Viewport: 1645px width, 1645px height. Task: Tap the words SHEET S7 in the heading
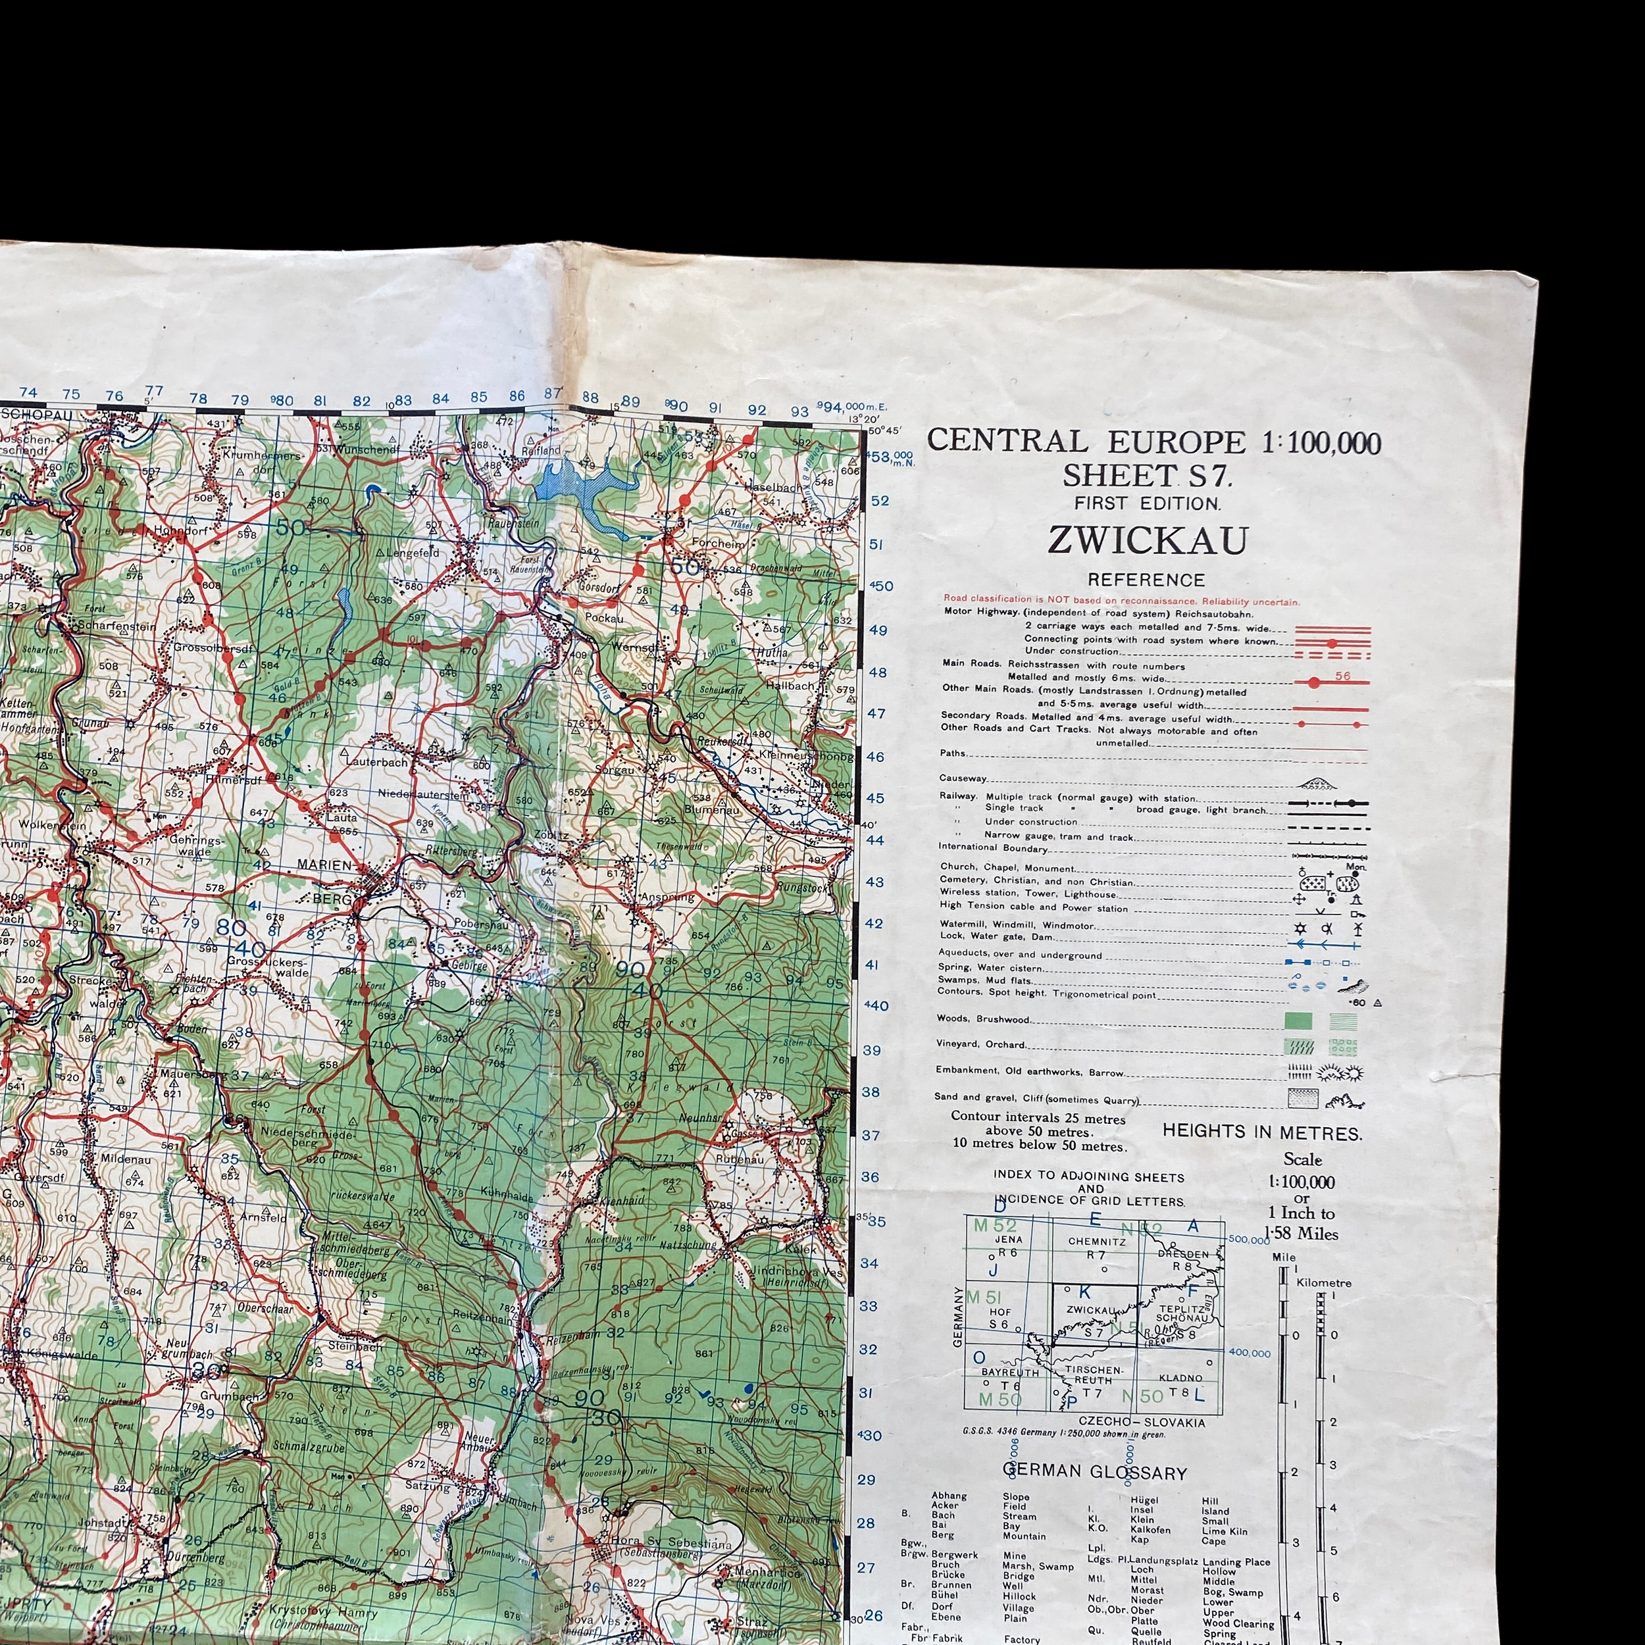(1146, 475)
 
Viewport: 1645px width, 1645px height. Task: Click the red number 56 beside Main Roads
(1343, 676)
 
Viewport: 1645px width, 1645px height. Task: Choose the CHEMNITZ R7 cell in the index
(1097, 1248)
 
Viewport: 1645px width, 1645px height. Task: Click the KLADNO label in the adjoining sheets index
(1181, 1377)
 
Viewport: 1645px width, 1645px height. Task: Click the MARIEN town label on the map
(324, 864)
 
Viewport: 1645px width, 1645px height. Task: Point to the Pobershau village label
(481, 924)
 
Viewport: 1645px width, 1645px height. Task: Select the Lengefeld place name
(413, 553)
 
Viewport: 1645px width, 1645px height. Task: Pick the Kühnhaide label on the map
(507, 1192)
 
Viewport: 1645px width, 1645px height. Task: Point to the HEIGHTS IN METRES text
(1262, 1133)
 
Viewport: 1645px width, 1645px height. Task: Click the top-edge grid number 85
(478, 397)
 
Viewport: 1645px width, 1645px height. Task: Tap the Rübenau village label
(739, 1159)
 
